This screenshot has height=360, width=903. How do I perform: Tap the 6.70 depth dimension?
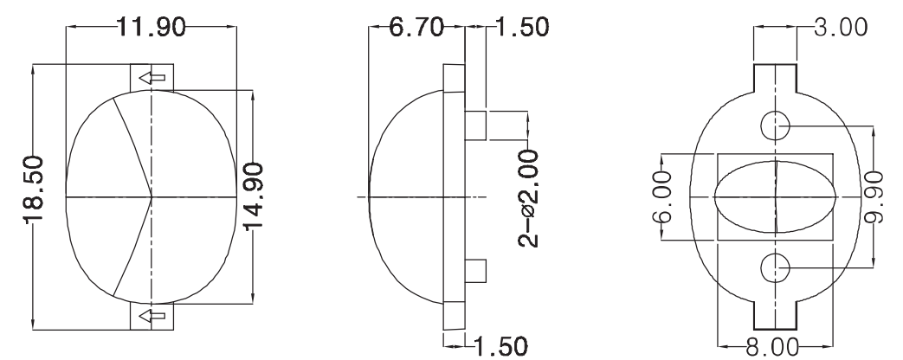416,27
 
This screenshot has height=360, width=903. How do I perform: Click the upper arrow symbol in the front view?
152,77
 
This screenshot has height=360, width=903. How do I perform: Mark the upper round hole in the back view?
776,126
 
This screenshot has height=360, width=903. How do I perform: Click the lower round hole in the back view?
776,268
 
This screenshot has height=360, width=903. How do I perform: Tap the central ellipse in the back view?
776,197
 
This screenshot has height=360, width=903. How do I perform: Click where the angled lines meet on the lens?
152,197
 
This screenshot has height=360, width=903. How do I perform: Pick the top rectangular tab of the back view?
776,77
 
